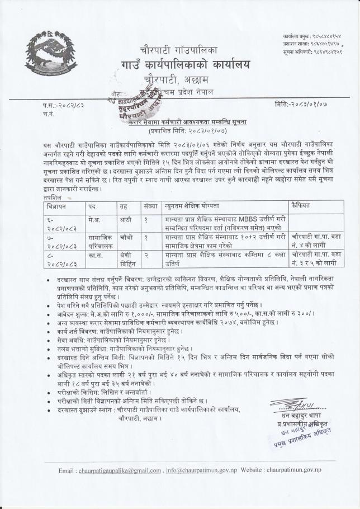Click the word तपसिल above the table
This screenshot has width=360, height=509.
(52, 197)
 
